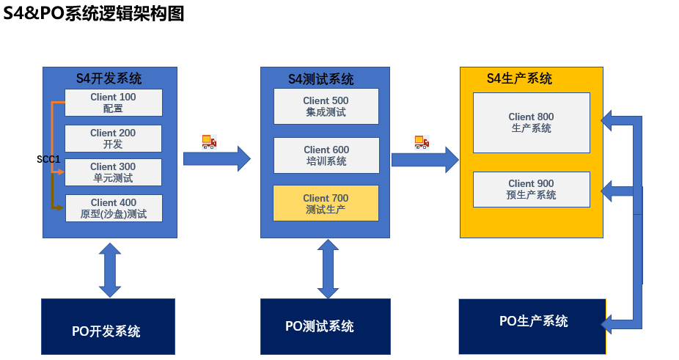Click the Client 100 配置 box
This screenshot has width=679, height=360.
[x=113, y=103]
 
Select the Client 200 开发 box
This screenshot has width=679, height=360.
[x=113, y=139]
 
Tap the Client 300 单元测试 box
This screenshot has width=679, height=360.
[x=113, y=172]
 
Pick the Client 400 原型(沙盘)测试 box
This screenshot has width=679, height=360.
[x=114, y=208]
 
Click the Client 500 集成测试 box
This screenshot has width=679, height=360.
[x=326, y=106]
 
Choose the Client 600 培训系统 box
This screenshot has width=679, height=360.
[x=326, y=155]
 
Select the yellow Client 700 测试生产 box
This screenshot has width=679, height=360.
[x=326, y=203]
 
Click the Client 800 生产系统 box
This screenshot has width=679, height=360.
[x=531, y=122]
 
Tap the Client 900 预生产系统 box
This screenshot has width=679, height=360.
[x=531, y=189]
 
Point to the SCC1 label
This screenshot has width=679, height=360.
[x=48, y=159]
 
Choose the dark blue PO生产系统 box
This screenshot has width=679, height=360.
[x=532, y=326]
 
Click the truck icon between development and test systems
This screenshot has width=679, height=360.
[x=209, y=142]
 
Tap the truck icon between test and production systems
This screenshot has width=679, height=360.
[x=422, y=142]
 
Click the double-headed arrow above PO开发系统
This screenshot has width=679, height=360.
[x=110, y=269]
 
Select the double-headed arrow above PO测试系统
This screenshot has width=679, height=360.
[x=328, y=269]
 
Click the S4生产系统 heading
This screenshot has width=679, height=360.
[x=519, y=78]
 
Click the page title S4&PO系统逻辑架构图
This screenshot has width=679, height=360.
[x=93, y=13]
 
